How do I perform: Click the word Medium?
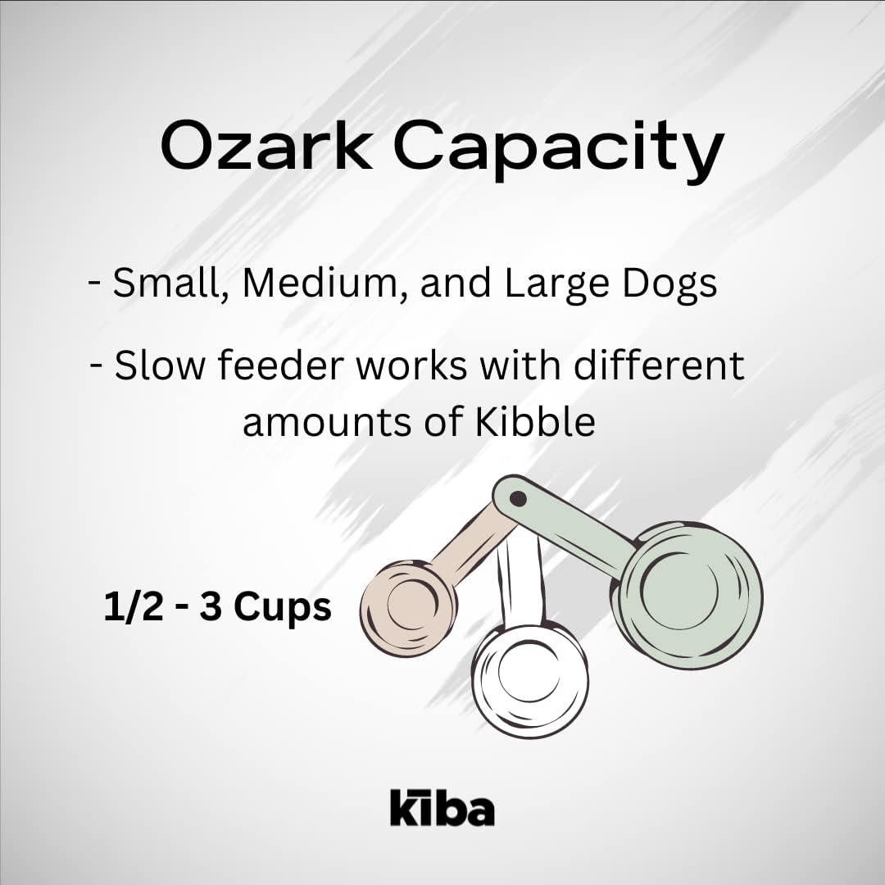(320, 284)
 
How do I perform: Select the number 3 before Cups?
(210, 608)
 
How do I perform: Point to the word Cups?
(283, 608)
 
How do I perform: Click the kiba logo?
(442, 807)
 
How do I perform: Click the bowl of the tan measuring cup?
(407, 606)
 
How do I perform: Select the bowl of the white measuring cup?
(529, 676)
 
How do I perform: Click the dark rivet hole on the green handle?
(518, 497)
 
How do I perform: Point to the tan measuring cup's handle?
(472, 542)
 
